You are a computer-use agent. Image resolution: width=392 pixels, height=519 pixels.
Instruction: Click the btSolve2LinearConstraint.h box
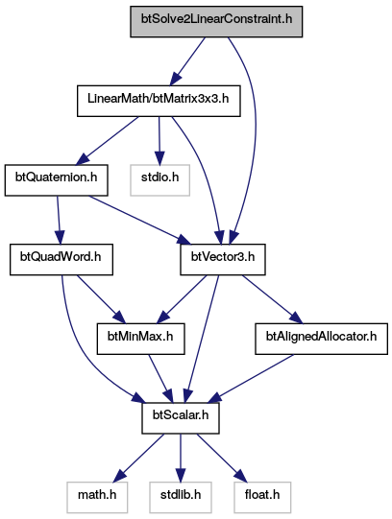click(216, 21)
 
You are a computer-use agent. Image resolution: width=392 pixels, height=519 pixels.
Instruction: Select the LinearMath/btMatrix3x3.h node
click(159, 101)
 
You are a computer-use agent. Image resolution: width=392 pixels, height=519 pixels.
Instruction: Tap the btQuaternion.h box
click(57, 180)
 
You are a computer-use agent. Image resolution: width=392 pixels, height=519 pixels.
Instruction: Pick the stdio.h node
click(160, 180)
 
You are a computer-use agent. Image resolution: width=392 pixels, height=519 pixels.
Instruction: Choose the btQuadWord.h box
click(61, 259)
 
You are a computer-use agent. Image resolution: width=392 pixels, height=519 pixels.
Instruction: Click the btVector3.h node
click(223, 259)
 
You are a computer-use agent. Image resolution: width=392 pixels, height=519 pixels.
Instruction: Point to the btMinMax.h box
click(141, 339)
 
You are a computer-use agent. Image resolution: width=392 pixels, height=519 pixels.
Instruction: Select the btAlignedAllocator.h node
click(322, 339)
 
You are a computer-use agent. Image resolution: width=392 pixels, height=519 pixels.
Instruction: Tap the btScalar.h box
click(181, 418)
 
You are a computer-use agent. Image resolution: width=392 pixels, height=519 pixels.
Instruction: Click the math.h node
click(97, 497)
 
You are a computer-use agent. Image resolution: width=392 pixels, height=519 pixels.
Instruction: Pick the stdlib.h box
click(181, 497)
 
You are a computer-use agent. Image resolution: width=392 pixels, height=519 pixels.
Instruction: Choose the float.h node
click(262, 497)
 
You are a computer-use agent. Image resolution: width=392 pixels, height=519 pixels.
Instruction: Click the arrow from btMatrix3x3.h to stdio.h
click(159, 141)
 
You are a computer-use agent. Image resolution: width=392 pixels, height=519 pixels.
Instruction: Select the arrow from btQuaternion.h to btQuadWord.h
click(59, 220)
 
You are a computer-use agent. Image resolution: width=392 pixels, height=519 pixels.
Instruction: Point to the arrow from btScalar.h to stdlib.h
click(181, 458)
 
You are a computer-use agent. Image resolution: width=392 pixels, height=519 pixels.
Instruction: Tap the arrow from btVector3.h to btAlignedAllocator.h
click(272, 299)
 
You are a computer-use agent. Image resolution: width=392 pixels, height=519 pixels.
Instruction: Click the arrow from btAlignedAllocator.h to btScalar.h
click(251, 379)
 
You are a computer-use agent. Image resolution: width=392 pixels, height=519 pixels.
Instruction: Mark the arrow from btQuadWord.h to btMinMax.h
click(101, 299)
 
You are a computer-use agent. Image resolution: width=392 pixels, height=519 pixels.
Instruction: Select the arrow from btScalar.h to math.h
click(139, 458)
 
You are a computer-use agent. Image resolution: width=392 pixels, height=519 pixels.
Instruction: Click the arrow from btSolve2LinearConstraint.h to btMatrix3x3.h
click(188, 61)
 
